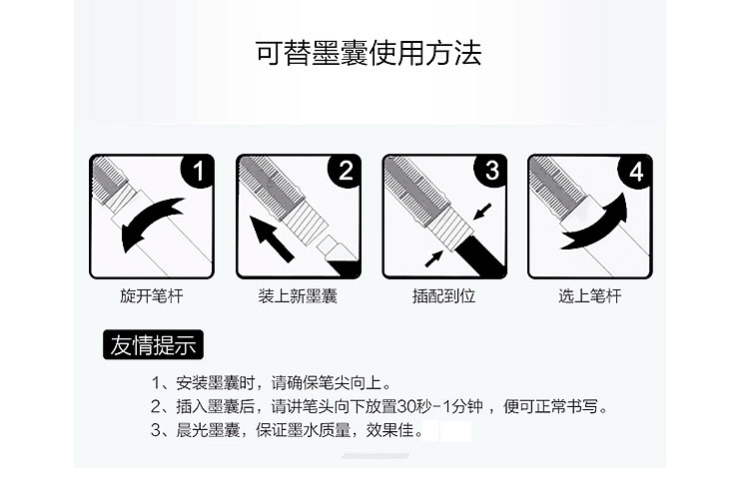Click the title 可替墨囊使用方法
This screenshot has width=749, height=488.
pyautogui.click(x=369, y=52)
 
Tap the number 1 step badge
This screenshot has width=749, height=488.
pyautogui.click(x=199, y=171)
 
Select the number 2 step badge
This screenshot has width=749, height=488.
pyautogui.click(x=346, y=171)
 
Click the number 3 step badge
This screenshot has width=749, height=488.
pyautogui.click(x=491, y=171)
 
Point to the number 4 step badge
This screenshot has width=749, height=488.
pyautogui.click(x=637, y=172)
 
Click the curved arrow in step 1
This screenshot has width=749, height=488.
pyautogui.click(x=148, y=220)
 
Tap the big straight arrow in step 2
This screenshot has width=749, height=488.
pyautogui.click(x=272, y=239)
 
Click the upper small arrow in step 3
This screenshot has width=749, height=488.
pyautogui.click(x=482, y=212)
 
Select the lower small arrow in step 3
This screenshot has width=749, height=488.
pyautogui.click(x=433, y=258)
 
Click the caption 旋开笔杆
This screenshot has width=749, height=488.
pyautogui.click(x=152, y=296)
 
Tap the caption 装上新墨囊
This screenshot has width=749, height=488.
pyautogui.click(x=298, y=296)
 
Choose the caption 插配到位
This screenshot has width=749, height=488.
pyautogui.click(x=443, y=296)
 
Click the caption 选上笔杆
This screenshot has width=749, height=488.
pyautogui.click(x=590, y=296)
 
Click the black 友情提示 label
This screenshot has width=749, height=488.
pyautogui.click(x=154, y=344)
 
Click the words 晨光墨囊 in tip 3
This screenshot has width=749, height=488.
pyautogui.click(x=208, y=430)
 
